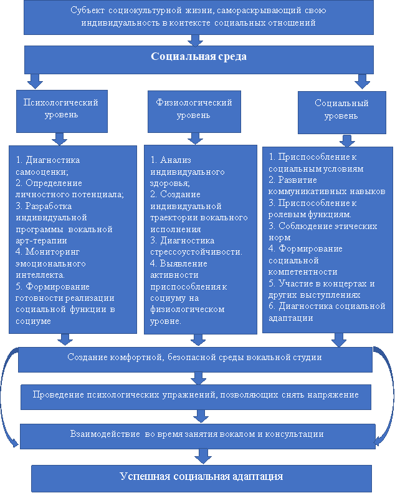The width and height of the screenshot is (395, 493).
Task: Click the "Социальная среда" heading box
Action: coord(199,57)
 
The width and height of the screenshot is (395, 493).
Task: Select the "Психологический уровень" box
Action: coord(60,109)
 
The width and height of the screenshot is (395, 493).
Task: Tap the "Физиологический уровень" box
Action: coord(194,109)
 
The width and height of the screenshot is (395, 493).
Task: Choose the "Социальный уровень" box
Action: coord(341,110)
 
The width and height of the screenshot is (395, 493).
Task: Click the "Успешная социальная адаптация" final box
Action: coord(201,477)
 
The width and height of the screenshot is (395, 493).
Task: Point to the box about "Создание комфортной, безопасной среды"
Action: coord(194,358)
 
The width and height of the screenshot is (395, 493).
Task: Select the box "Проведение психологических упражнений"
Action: coord(196,395)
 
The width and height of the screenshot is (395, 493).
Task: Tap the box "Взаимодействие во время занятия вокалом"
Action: coord(197,433)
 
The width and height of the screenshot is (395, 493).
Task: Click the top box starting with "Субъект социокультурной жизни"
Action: coord(199,17)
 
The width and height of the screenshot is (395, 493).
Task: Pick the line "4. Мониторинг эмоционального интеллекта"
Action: coord(53,263)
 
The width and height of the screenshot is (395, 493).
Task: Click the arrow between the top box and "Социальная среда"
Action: coord(197,41)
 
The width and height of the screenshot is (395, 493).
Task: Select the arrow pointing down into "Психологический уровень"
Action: coord(36,81)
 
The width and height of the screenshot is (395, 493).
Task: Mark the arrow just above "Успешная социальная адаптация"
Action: coord(201,457)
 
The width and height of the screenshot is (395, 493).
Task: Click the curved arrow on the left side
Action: coord(7,399)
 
